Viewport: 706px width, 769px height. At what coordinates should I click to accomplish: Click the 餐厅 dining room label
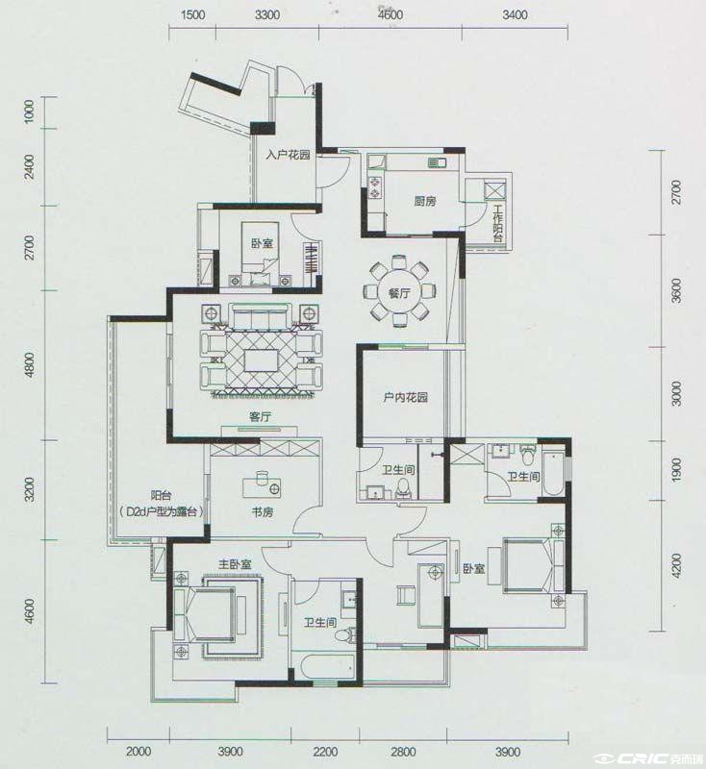click(x=398, y=293)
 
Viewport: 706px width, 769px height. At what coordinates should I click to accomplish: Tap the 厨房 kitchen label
click(x=425, y=201)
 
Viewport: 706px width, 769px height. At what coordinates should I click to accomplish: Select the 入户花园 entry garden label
click(x=288, y=155)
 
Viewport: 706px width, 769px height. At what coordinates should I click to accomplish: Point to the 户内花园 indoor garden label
click(x=405, y=397)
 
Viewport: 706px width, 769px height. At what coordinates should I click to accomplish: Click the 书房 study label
click(x=263, y=512)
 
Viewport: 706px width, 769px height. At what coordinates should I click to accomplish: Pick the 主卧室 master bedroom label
click(x=235, y=564)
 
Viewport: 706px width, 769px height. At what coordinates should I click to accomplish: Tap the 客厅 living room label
click(x=260, y=417)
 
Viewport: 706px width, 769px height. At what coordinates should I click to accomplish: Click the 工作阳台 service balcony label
click(x=497, y=224)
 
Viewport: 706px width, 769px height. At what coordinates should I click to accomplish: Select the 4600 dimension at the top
click(x=391, y=15)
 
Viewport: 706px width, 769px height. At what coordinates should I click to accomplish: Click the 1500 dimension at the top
click(x=192, y=15)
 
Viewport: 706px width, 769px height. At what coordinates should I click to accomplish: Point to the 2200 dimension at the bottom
click(x=325, y=752)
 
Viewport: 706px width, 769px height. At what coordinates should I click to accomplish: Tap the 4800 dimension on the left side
click(x=30, y=364)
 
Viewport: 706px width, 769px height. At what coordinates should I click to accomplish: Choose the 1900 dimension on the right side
click(x=676, y=470)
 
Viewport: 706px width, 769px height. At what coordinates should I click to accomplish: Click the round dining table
click(x=399, y=293)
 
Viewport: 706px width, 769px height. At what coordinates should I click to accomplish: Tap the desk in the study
click(x=262, y=486)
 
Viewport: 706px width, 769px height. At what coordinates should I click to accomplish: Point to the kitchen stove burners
click(x=375, y=186)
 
